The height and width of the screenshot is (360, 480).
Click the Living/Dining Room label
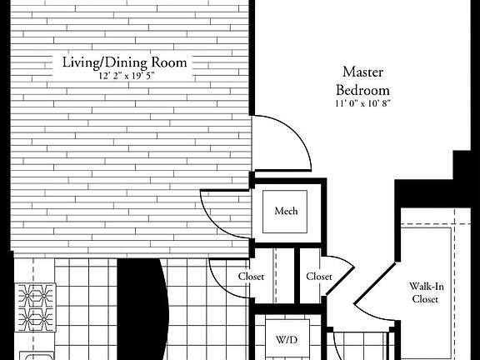click(125, 62)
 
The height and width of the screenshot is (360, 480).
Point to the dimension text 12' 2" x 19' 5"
click(125, 76)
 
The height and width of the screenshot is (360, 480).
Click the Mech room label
click(286, 212)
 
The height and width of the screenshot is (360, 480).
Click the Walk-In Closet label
click(425, 292)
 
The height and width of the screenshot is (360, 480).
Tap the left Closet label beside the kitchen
click(251, 276)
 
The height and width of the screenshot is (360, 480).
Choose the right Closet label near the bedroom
click(318, 276)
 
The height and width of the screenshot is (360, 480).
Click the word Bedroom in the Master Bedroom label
click(362, 88)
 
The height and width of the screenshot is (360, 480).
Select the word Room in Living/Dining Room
click(171, 62)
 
